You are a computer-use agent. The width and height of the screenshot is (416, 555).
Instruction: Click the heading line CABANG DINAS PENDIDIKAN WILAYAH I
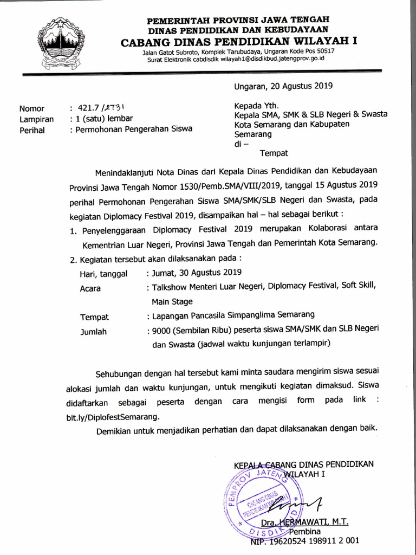tap(241, 42)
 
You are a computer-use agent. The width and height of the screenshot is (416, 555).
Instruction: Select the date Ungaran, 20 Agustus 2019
tap(283, 86)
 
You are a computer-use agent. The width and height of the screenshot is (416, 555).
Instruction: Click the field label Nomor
tap(31, 108)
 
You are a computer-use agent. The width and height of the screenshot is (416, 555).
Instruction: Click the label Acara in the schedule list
tap(91, 288)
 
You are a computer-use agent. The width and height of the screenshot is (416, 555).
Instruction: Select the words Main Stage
tap(172, 301)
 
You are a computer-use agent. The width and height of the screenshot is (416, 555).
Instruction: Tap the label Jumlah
tap(94, 331)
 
